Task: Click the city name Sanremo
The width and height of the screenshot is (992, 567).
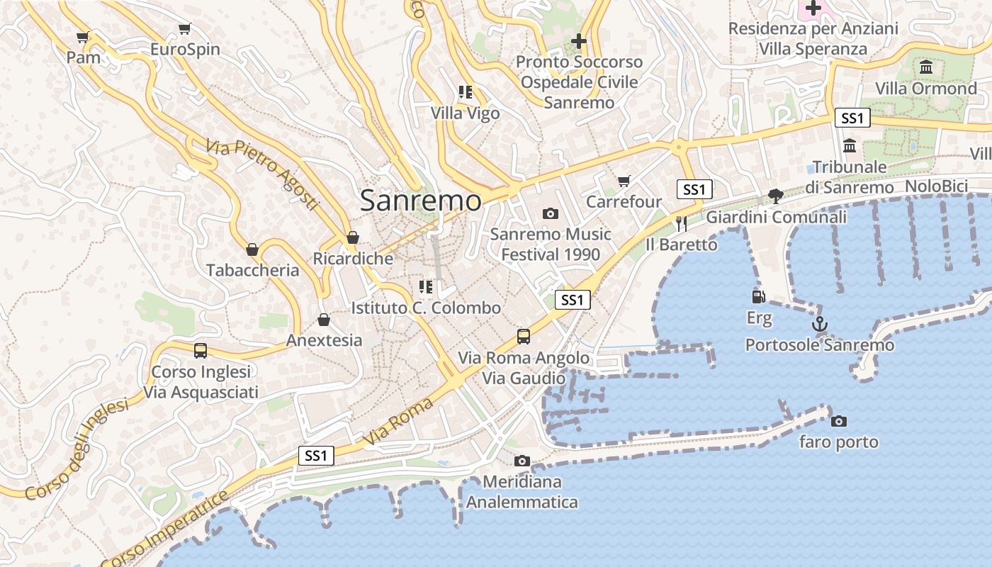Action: pos(420,200)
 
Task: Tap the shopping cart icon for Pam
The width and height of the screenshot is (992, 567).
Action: pos(83,37)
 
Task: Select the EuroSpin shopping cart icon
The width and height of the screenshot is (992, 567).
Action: pos(185,29)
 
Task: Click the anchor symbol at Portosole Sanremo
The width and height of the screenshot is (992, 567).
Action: pos(820,324)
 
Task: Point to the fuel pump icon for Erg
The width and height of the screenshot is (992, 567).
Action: pos(759,297)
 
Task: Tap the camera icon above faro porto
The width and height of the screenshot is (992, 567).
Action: pos(839,421)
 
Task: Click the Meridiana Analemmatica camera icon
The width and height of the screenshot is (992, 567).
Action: pos(522,461)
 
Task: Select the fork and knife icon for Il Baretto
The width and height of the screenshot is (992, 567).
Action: pos(682,224)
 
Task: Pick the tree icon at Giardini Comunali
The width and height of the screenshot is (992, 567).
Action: pos(776,196)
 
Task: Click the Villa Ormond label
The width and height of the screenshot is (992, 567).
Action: pos(926,89)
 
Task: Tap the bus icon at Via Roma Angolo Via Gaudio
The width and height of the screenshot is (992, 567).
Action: pos(524,337)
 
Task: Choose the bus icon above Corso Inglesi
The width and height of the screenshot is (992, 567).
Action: pos(201,350)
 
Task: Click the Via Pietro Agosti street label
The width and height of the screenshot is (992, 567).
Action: pos(262,174)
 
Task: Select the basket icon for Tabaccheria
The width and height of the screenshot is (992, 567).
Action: pos(252,249)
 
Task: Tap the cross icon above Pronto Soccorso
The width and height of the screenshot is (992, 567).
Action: pos(579,41)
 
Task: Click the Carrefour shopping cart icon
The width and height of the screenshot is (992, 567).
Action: pos(624,181)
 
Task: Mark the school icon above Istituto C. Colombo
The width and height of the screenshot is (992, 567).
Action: pos(426,287)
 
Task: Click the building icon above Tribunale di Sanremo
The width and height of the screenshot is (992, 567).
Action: pos(850,146)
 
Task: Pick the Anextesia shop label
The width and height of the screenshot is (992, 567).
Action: pos(324,340)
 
